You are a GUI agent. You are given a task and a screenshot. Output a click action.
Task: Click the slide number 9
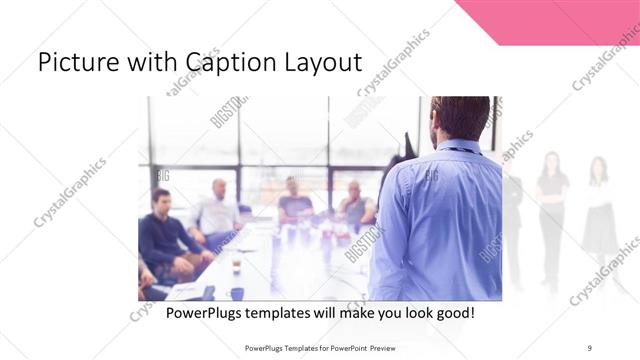[x=590, y=347]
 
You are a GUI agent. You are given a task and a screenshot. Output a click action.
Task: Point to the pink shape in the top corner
[x=560, y=20]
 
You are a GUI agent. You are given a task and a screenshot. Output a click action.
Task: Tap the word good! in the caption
[x=453, y=313]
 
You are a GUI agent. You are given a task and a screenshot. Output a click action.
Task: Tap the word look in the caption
[x=407, y=313]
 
